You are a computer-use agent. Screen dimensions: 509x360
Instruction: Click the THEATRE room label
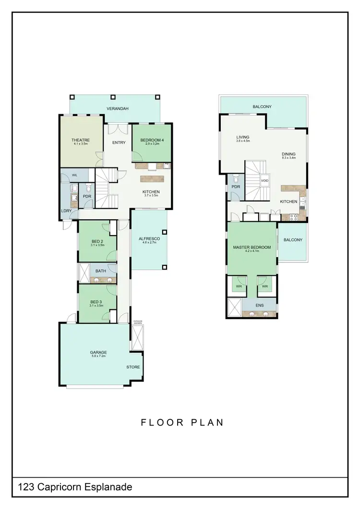tap(81, 140)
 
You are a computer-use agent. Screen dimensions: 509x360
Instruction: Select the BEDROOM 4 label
tap(151, 140)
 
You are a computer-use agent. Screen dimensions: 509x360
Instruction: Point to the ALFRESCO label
tap(149, 238)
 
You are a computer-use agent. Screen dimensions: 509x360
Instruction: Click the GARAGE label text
tap(98, 353)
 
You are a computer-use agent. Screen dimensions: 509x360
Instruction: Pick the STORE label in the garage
tap(133, 367)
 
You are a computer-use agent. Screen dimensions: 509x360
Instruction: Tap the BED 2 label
tap(97, 241)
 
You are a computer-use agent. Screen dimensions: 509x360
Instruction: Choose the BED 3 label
tap(97, 302)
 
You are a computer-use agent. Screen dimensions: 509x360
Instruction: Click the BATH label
tap(101, 271)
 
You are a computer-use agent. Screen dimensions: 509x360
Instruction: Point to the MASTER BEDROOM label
tap(252, 248)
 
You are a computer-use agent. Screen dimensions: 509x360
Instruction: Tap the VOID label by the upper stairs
tap(264, 181)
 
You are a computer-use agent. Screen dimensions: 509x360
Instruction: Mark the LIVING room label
tap(242, 137)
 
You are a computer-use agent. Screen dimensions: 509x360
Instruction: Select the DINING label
tap(288, 154)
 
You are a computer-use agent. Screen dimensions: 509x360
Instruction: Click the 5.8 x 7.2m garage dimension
tap(98, 356)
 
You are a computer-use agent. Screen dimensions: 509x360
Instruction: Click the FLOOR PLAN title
tap(182, 423)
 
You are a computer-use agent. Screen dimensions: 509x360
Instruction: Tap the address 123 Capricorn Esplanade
tap(75, 487)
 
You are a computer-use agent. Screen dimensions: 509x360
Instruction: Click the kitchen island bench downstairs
tap(152, 178)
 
